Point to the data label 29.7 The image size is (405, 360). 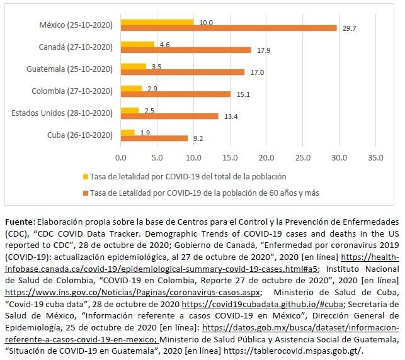[350, 28]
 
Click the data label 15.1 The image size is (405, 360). [243, 94]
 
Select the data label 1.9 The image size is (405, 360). [144, 132]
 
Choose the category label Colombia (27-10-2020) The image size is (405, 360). [72, 91]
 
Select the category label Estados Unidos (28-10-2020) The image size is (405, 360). [62, 113]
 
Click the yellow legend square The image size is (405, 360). [85, 176]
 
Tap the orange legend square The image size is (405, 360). [85, 191]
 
